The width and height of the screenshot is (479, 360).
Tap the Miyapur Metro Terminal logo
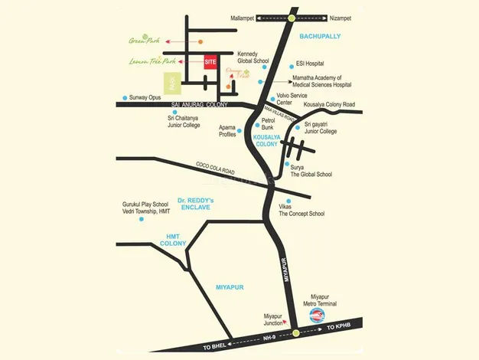click(x=318, y=314)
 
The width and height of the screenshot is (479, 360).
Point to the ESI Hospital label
click(x=310, y=64)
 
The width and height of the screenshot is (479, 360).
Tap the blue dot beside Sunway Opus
click(x=124, y=98)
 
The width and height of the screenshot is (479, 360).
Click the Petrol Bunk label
click(x=268, y=124)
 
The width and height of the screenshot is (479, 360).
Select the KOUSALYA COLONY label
click(x=267, y=140)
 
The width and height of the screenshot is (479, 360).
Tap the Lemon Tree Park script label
click(x=153, y=61)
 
